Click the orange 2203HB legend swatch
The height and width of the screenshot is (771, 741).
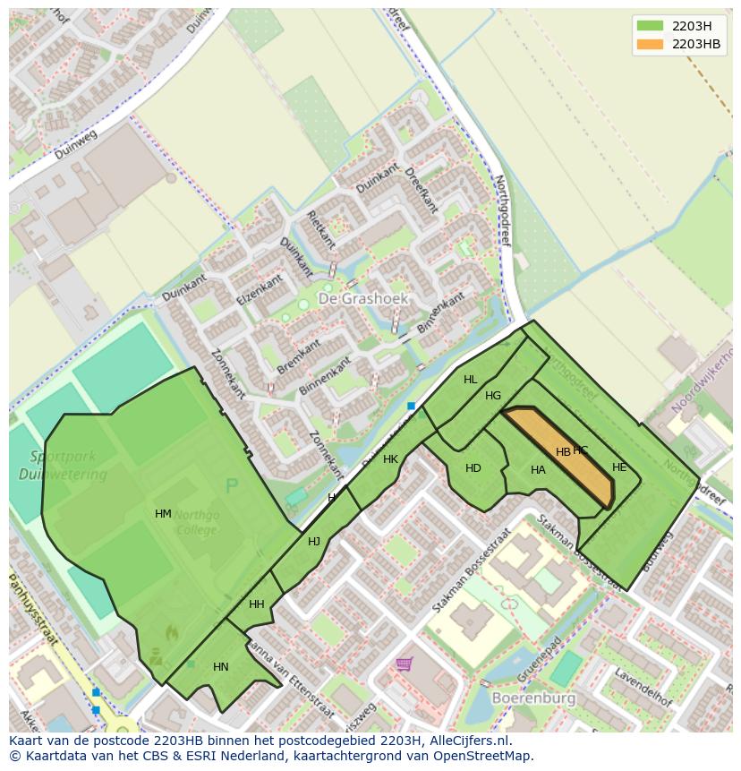click(x=651, y=44)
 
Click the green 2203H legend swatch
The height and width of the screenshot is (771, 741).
click(x=651, y=26)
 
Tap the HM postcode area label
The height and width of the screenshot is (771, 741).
click(x=163, y=514)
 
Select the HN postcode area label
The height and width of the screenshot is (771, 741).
click(x=221, y=667)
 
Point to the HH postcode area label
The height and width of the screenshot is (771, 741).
click(x=257, y=604)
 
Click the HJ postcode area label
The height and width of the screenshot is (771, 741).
click(x=314, y=542)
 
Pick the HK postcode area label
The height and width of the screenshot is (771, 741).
click(x=390, y=459)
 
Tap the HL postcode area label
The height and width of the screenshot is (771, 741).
click(x=471, y=380)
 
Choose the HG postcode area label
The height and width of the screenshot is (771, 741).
click(x=493, y=396)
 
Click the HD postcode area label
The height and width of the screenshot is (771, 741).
click(x=473, y=468)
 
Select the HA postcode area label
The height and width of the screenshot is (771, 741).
click(x=538, y=470)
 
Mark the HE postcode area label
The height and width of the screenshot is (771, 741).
click(x=619, y=467)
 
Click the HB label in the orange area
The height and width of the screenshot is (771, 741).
click(x=563, y=452)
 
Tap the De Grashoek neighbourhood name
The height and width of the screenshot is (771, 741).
click(x=363, y=297)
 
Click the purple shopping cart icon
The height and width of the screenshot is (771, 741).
click(x=405, y=664)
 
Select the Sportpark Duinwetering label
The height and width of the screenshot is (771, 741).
click(x=55, y=464)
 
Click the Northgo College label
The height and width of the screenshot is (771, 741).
click(x=195, y=522)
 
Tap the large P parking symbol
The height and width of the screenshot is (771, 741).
click(x=232, y=486)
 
